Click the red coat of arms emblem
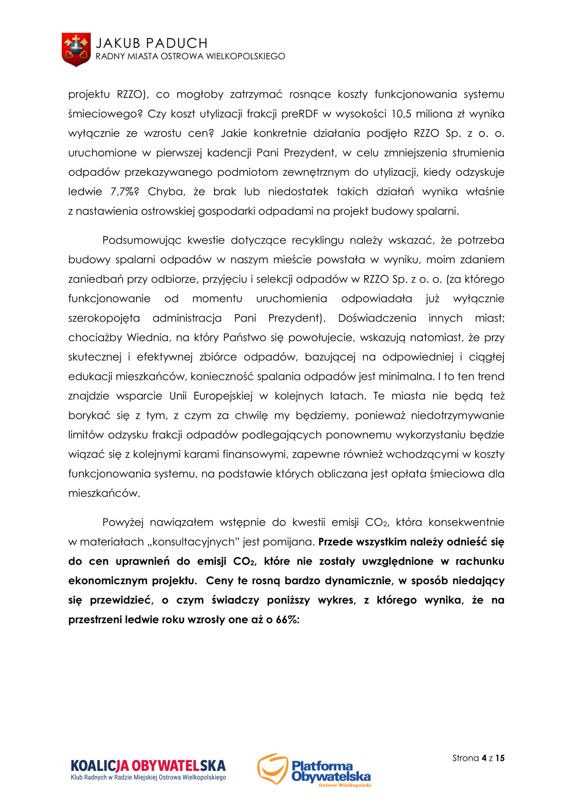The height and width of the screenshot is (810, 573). pos(76,49)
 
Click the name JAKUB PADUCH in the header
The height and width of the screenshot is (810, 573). pos(152,43)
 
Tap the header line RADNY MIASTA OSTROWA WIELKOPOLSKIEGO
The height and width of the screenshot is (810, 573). pos(190,57)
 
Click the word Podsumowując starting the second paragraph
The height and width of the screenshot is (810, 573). pos(141,240)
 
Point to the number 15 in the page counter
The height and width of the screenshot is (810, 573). pos(500,758)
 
